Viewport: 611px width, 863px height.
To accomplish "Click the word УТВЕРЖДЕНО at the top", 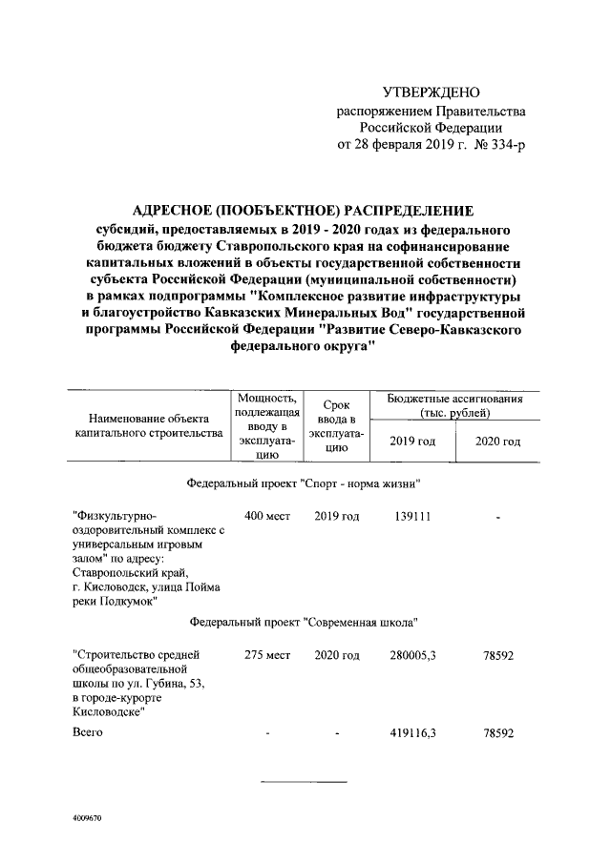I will coord(429,92).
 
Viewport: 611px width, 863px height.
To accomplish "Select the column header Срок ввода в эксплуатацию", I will coord(336,425).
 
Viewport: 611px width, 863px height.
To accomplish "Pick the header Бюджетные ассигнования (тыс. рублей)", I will coord(454,405).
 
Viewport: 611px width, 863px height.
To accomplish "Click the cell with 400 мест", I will coord(266,516).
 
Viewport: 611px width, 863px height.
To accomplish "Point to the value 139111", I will coord(413,516).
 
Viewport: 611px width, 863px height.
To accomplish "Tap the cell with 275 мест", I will coord(266,655).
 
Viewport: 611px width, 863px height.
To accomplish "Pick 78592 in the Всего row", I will coord(498,733).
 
